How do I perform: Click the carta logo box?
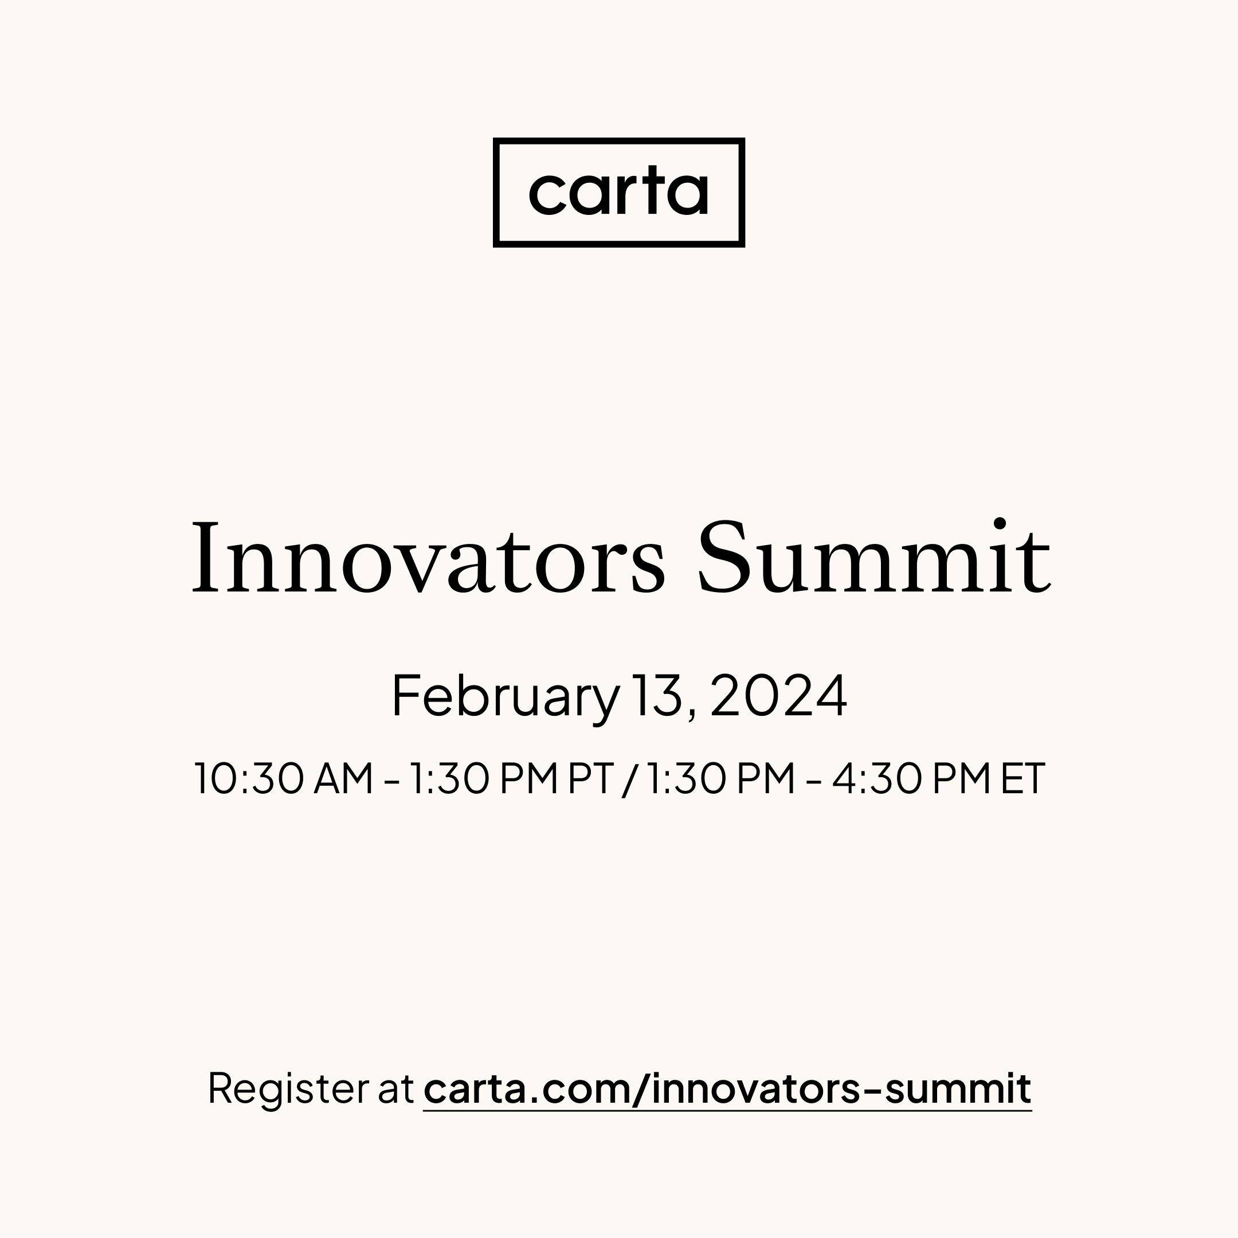[618, 191]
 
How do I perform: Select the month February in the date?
[505, 696]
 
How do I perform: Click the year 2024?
[778, 696]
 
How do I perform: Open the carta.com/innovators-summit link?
[727, 1089]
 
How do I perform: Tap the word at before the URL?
[396, 1090]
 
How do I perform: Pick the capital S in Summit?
[723, 557]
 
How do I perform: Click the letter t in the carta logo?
[652, 190]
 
